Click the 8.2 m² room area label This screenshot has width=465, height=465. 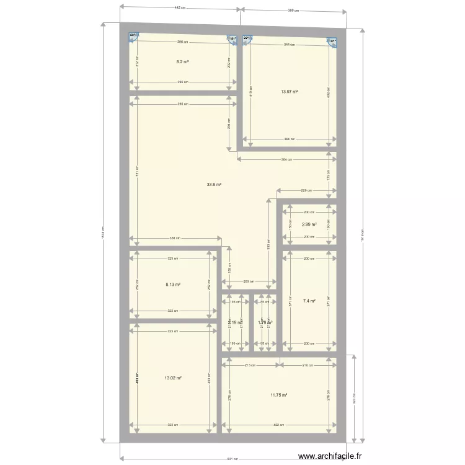[182, 62]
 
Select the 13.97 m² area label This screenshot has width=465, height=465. [290, 92]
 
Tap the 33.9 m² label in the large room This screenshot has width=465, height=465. [215, 184]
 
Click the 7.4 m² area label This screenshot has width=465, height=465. [309, 301]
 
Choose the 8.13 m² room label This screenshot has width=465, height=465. [173, 285]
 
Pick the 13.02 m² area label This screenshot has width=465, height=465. [173, 378]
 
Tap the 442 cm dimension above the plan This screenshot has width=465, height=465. [180, 8]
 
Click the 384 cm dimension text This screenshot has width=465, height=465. [285, 160]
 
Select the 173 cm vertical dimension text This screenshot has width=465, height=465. [329, 175]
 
